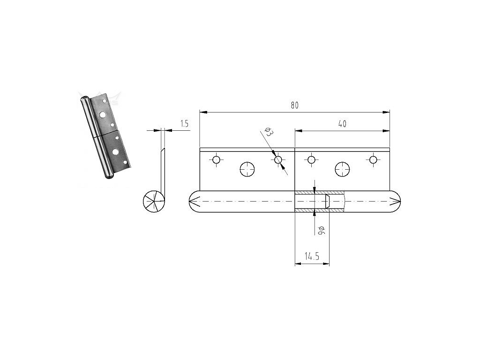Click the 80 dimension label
(294, 105)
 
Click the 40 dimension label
(342, 124)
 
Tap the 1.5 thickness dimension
(184, 124)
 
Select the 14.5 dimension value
(312, 256)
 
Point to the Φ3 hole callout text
(269, 132)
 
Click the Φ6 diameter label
(321, 230)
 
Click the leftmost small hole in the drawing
(217, 160)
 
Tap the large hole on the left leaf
(247, 169)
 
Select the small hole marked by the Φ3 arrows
(278, 160)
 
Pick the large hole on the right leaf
(342, 169)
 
